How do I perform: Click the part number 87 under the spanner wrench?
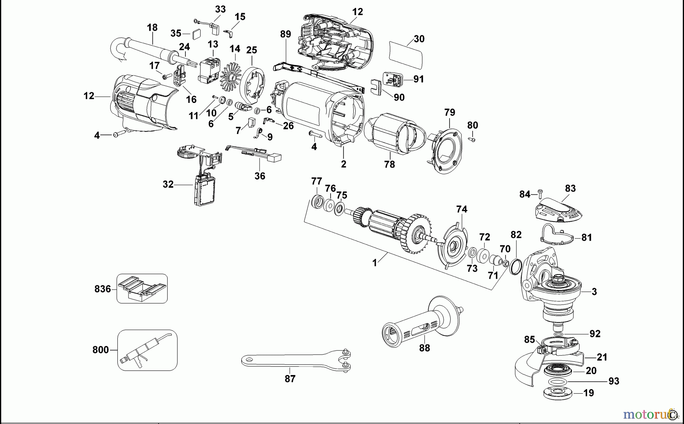290,379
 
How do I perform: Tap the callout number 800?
101,350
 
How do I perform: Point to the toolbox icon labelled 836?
142,288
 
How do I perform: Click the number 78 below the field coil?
389,164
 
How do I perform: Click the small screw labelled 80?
472,140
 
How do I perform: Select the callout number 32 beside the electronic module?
168,184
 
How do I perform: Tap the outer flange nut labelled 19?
557,393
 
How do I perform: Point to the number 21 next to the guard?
602,357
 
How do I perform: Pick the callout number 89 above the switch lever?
285,34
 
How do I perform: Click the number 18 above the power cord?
152,27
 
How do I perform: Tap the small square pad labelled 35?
197,34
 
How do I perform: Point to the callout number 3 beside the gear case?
594,292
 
